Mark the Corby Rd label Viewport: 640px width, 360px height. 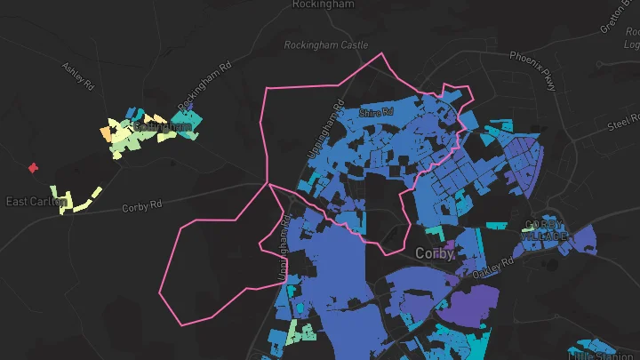click(x=142, y=205)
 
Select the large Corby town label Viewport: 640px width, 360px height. click(x=435, y=254)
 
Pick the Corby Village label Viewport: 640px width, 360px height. click(x=544, y=230)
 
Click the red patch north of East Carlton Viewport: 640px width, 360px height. click(x=33, y=167)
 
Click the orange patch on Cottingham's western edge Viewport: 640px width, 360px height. click(x=108, y=135)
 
